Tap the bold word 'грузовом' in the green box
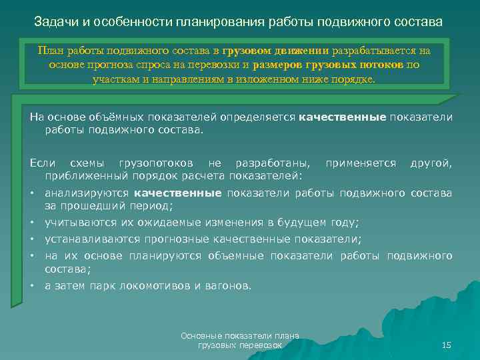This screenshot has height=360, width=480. (x=246, y=51)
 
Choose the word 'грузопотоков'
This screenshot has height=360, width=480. (x=158, y=163)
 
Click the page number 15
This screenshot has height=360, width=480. (x=446, y=345)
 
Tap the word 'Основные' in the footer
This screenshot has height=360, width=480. (x=201, y=336)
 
